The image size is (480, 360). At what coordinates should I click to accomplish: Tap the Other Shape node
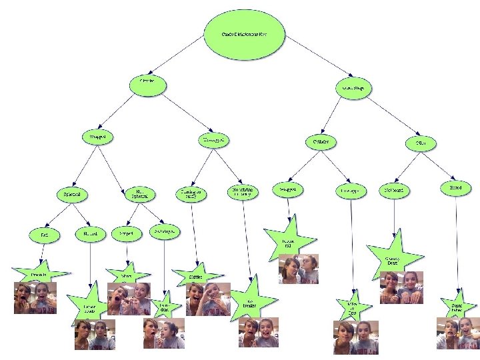click(x=352, y=88)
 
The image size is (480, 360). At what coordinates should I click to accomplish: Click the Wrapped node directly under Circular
click(x=97, y=137)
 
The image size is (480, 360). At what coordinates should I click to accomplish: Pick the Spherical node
click(x=73, y=195)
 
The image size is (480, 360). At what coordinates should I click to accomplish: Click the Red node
click(x=45, y=235)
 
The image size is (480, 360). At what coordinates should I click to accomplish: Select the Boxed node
click(x=455, y=189)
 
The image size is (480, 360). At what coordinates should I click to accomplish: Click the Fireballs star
click(x=39, y=273)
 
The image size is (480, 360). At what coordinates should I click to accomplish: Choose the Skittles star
click(x=197, y=275)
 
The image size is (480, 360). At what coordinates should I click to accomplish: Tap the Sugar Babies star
click(x=457, y=307)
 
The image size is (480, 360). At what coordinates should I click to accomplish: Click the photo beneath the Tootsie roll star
click(x=298, y=269)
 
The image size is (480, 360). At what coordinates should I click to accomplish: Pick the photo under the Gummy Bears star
click(x=401, y=287)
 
